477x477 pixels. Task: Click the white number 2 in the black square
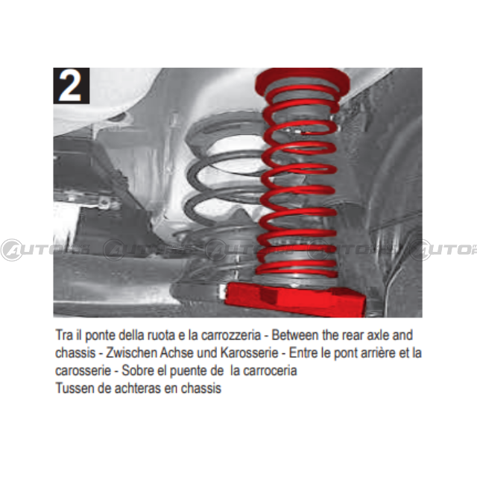click(x=71, y=86)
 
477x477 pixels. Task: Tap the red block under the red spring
click(x=295, y=299)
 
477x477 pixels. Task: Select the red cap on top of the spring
click(x=302, y=80)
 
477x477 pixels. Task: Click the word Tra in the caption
click(x=64, y=335)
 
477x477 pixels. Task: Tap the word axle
click(x=378, y=335)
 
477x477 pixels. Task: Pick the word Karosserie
click(x=249, y=353)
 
